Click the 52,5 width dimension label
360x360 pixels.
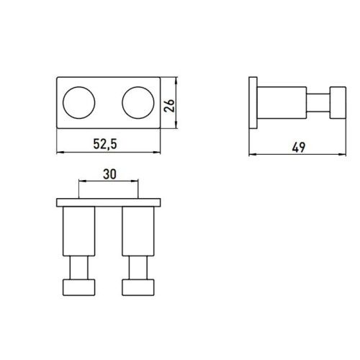click(104, 145)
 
